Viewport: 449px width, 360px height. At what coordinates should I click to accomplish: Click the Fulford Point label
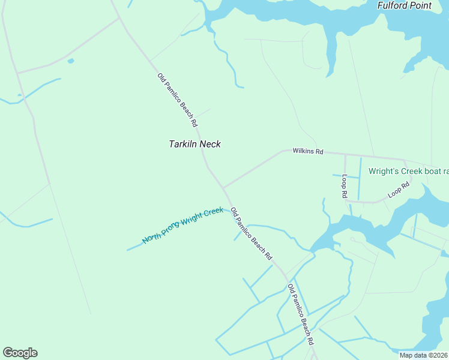[404, 5]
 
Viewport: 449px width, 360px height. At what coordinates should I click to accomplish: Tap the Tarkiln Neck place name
[194, 144]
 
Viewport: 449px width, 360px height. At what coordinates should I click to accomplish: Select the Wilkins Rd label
[308, 151]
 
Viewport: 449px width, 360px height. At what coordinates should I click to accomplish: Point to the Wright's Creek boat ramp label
[408, 171]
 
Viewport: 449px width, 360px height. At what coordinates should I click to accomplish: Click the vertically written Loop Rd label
[345, 187]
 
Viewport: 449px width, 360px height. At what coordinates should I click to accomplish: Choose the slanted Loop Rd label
[398, 190]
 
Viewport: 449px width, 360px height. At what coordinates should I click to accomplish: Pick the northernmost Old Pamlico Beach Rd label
[178, 100]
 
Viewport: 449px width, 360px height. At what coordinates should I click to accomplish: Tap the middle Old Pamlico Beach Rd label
[252, 233]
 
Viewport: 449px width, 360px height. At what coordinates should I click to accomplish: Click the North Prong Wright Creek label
[182, 226]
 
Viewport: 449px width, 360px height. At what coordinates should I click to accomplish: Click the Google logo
[20, 353]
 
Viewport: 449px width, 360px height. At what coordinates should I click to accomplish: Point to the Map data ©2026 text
[423, 355]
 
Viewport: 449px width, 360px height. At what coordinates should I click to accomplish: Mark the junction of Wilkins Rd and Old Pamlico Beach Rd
[223, 187]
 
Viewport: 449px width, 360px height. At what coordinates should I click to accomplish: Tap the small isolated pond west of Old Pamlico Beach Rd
[71, 61]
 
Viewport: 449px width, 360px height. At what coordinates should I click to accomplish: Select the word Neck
[210, 144]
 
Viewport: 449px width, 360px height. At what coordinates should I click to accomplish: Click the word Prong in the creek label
[174, 230]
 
